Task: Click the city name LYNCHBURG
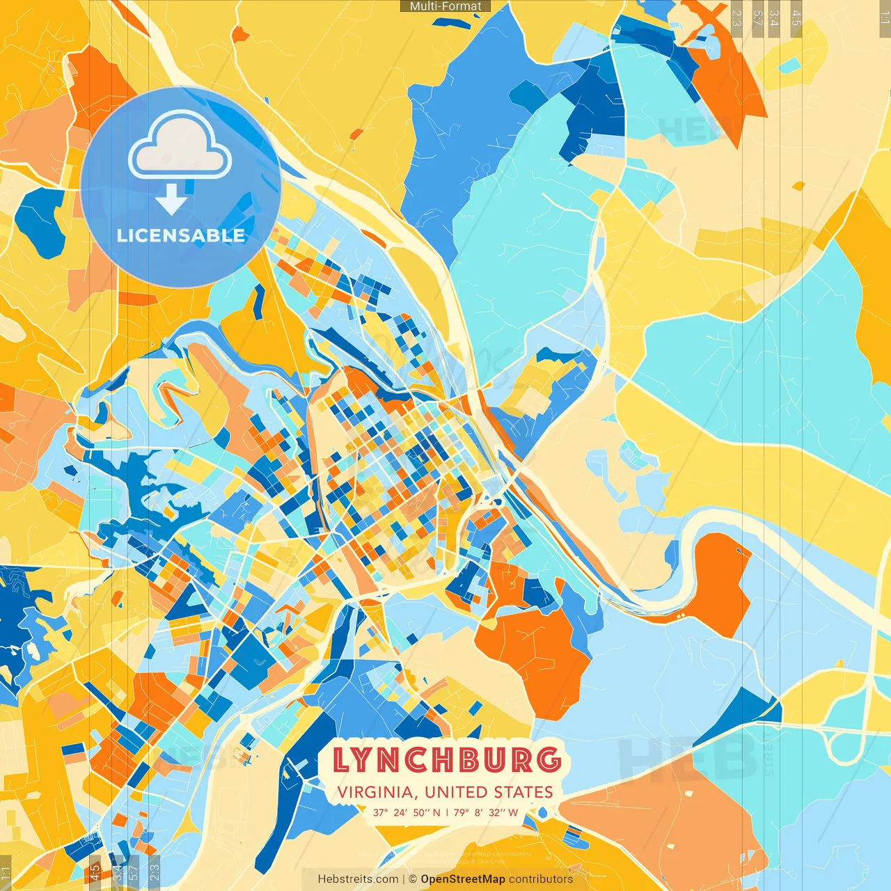pyautogui.click(x=446, y=760)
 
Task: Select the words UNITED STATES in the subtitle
pyautogui.click(x=489, y=792)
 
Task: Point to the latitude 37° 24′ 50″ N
pyautogui.click(x=407, y=812)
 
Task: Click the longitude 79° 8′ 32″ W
pyautogui.click(x=486, y=812)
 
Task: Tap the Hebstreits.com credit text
pyautogui.click(x=358, y=879)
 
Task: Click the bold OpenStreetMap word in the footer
pyautogui.click(x=463, y=879)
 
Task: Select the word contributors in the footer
pyautogui.click(x=541, y=879)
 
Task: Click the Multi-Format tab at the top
pyautogui.click(x=445, y=6)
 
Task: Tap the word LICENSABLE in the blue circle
pyautogui.click(x=181, y=235)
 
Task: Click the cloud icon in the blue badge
pyautogui.click(x=180, y=146)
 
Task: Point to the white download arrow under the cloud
pyautogui.click(x=171, y=199)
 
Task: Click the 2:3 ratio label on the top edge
pyautogui.click(x=736, y=17)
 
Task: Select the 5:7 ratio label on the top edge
pyautogui.click(x=758, y=17)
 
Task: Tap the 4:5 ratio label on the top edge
pyautogui.click(x=796, y=17)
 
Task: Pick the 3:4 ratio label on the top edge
pyautogui.click(x=774, y=17)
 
